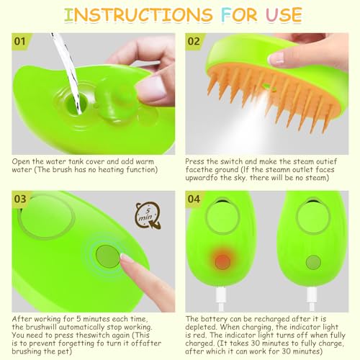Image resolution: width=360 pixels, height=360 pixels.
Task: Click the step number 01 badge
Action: (x=20, y=41)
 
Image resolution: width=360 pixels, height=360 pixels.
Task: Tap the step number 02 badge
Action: (x=194, y=41)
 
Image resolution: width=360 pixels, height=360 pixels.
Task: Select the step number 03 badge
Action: (x=20, y=199)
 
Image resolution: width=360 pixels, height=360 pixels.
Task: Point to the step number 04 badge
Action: (x=194, y=199)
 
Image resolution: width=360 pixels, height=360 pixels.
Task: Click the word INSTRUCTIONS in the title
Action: (x=138, y=15)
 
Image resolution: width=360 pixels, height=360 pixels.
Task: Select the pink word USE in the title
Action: (x=284, y=15)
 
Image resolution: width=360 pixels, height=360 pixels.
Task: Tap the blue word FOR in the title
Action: (x=239, y=15)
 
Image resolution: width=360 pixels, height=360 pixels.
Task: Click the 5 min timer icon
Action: (x=148, y=215)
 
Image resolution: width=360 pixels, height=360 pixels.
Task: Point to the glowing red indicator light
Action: (x=222, y=261)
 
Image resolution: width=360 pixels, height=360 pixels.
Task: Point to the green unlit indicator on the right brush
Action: (x=313, y=262)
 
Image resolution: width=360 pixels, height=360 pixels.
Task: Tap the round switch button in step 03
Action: (x=108, y=256)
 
